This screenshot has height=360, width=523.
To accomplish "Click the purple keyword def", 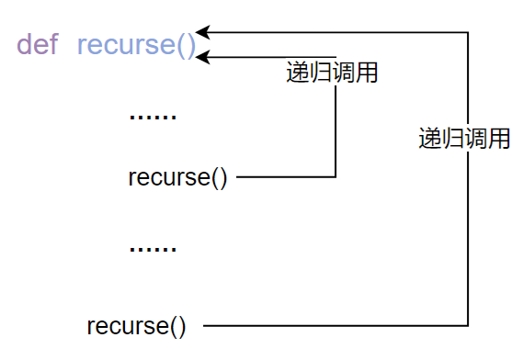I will click(38, 45).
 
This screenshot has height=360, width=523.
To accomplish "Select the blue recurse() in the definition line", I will click(137, 45).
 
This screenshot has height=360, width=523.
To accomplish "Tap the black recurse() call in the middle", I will click(177, 176).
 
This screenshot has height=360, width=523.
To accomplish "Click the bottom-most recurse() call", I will click(136, 325).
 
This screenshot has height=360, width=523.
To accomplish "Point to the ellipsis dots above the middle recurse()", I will click(153, 117).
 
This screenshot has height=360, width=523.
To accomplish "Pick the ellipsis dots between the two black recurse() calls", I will click(153, 249).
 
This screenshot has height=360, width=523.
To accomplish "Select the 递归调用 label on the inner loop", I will click(332, 73).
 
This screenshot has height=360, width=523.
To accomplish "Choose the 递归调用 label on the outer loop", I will click(464, 139).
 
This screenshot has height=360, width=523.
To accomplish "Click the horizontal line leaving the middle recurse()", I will click(285, 176).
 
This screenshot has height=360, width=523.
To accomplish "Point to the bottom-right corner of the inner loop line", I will click(335, 176).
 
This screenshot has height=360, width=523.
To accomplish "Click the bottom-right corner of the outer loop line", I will click(469, 325).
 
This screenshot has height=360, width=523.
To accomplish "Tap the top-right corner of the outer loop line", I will click(469, 32).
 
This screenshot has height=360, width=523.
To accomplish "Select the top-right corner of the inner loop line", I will click(335, 58).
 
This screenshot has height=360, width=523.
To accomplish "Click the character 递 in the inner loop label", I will click(298, 73).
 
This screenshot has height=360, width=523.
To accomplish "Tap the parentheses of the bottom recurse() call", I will click(177, 325).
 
